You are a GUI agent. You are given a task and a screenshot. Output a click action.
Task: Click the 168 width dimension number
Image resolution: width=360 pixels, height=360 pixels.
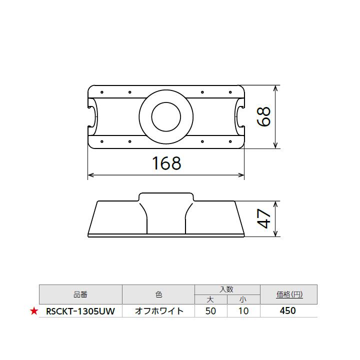point(165,163)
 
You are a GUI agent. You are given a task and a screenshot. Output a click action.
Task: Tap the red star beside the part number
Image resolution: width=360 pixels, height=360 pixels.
point(34,311)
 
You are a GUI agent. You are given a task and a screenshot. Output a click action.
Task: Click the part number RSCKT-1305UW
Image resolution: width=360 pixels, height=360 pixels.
point(80,311)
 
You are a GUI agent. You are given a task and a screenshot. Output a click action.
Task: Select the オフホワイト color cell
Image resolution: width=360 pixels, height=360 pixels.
point(159,311)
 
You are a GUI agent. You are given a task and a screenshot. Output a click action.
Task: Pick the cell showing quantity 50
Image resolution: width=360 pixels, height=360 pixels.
point(211,311)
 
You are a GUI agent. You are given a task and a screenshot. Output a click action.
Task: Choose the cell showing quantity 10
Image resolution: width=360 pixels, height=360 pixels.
point(243,311)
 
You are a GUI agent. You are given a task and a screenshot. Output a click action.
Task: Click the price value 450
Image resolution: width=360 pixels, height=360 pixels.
point(288,311)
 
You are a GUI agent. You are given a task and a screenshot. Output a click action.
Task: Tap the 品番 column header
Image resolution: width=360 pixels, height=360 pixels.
point(80,294)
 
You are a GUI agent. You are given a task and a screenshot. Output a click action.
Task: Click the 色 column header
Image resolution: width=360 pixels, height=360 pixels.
point(159,294)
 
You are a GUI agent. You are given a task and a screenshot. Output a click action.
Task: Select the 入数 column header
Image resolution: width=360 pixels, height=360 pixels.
point(227,289)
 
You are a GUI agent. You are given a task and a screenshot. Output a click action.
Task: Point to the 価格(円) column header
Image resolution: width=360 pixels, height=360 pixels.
point(289,294)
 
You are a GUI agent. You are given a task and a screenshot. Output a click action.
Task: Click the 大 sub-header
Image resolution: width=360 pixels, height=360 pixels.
point(211,299)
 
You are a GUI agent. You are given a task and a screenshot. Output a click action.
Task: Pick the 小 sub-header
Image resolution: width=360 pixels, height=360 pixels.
point(243,299)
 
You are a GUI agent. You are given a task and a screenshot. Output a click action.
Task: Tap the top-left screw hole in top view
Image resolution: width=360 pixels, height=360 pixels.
point(101,92)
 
